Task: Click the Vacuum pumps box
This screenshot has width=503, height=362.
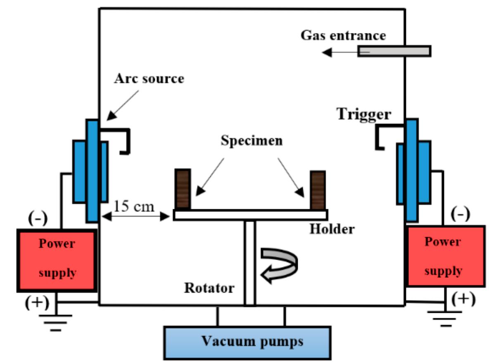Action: point(247,342)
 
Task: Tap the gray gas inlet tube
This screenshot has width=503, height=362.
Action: point(394,51)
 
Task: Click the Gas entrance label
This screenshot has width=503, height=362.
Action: point(343,35)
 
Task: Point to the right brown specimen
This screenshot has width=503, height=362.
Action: point(318,190)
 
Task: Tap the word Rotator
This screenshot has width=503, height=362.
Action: point(209,288)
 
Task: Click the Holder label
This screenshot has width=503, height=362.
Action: point(332,229)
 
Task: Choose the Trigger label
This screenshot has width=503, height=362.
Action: point(363,114)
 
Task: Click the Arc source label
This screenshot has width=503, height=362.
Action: point(149,78)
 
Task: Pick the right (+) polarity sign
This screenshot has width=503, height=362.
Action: point(463,298)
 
